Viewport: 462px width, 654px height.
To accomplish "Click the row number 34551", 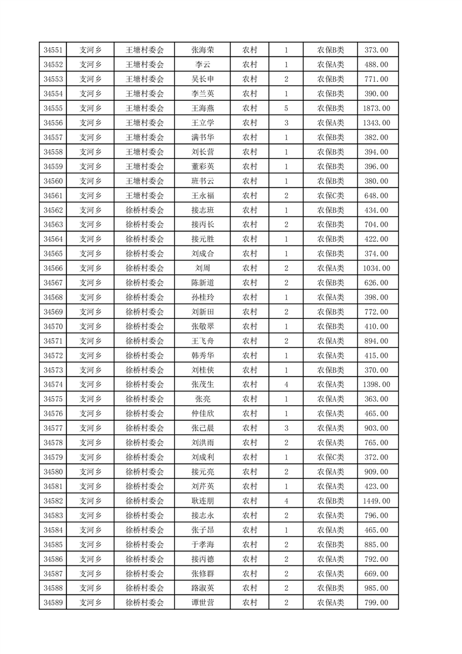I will pos(53,50).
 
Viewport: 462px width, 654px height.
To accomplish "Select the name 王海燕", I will pos(202,108).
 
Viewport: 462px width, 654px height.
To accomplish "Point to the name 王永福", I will pos(202,195).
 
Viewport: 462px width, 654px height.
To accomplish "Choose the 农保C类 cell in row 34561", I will pos(330,195).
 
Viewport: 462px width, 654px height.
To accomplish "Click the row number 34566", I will pos(53,268).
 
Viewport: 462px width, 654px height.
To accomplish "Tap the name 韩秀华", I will pos(202,355).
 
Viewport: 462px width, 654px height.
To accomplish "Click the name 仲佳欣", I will pos(202,413).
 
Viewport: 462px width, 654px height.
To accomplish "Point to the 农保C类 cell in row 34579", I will pos(330,457).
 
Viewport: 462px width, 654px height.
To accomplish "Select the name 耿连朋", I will pos(202,501).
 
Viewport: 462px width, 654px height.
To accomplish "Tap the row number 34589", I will pos(53,602).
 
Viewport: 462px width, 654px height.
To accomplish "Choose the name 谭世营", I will pos(202,602).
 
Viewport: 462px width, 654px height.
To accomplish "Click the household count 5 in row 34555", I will pos(286,108).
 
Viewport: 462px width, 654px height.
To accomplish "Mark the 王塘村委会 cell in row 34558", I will pos(145,152).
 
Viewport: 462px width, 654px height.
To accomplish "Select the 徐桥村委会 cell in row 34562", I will pos(145,210).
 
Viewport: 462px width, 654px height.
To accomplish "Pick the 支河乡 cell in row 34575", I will pos(90,399).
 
